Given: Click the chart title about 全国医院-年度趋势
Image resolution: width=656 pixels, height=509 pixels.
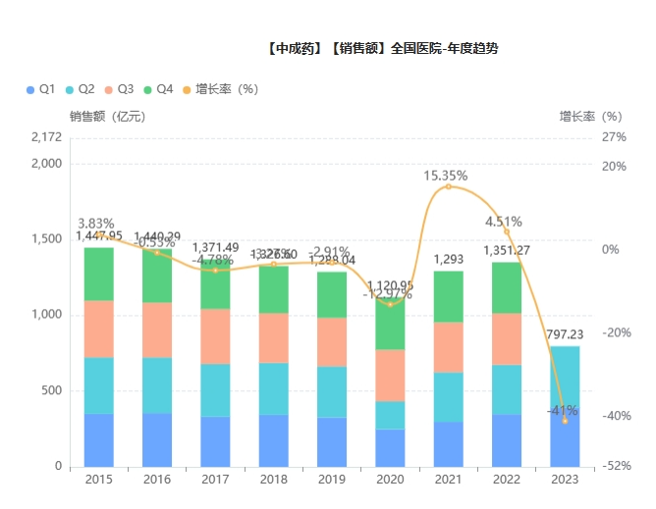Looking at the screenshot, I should [x=383, y=48].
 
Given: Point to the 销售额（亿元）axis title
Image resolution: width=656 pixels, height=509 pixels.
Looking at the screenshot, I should [x=107, y=116].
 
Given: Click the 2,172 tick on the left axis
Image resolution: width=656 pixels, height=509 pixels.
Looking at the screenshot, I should [x=45, y=137].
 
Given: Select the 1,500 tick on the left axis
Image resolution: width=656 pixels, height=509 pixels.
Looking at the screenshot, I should [x=45, y=239].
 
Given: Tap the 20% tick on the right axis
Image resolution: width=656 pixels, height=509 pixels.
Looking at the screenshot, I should [x=615, y=166].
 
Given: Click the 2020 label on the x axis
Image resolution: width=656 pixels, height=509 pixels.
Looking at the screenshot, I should [x=390, y=480].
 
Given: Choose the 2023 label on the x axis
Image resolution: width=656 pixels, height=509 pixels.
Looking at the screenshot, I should [x=565, y=480].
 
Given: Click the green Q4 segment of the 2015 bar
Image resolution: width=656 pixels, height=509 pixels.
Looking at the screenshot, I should [x=98, y=274].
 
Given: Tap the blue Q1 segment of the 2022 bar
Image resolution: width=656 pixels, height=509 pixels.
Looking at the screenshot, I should [x=507, y=440].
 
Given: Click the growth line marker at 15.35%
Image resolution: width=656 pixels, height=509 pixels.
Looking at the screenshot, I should [x=449, y=186].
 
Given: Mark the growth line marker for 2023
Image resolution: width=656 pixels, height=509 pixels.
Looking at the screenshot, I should [x=565, y=420].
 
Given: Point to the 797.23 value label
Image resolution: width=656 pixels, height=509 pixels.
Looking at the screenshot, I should [x=565, y=335].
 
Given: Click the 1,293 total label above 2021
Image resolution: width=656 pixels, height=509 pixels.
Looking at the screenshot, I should [x=449, y=260].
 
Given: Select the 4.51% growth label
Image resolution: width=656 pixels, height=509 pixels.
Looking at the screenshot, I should [x=503, y=222].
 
